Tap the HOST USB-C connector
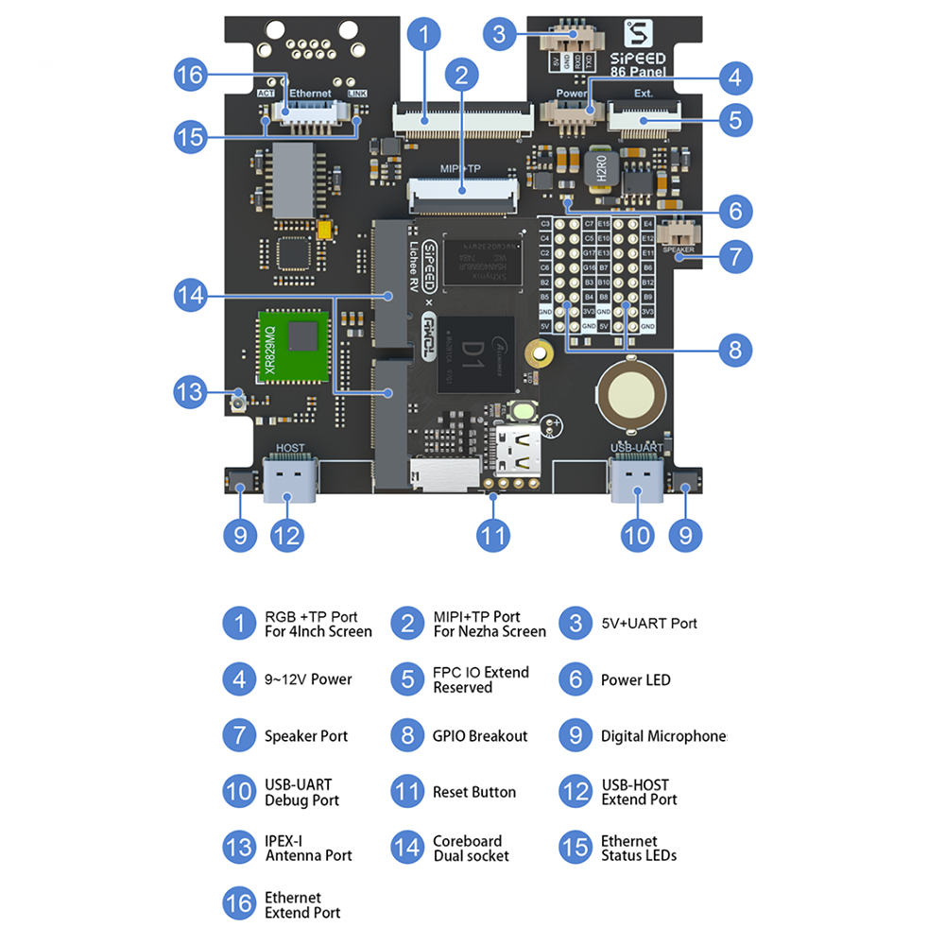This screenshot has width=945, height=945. coord(290,479)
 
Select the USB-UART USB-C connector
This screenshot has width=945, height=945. coord(635,479)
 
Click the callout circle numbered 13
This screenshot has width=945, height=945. coord(191,390)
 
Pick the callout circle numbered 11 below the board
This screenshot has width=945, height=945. coord(492,536)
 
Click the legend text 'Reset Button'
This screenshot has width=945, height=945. coord(474,792)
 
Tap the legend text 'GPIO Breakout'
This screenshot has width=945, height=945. coord(480,736)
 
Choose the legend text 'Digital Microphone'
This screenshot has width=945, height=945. coord(663,736)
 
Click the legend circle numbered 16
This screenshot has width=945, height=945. coord(239,904)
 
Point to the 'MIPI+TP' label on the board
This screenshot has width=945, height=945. coord(461,168)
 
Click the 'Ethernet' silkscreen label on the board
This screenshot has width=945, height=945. coord(310,94)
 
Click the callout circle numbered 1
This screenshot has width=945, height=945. coord(424,35)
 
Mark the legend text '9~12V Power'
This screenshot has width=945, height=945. coord(308,679)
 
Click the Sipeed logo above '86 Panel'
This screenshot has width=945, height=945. coord(639,36)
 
